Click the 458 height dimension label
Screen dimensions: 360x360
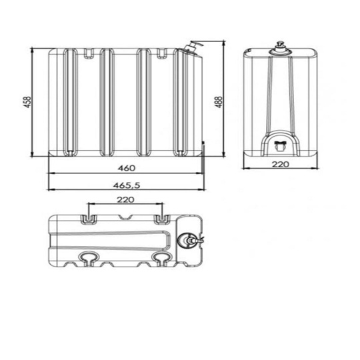pyautogui.click(x=27, y=102)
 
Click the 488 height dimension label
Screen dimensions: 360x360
pyautogui.click(x=219, y=102)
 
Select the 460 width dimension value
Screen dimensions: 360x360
pyautogui.click(x=127, y=168)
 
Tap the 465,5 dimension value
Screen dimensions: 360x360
pyautogui.click(x=127, y=185)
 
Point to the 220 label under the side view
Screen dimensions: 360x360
pyautogui.click(x=280, y=164)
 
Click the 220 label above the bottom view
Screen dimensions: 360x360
pyautogui.click(x=125, y=200)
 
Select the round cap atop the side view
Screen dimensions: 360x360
pyautogui.click(x=281, y=49)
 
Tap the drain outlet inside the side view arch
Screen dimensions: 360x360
pyautogui.click(x=281, y=145)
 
